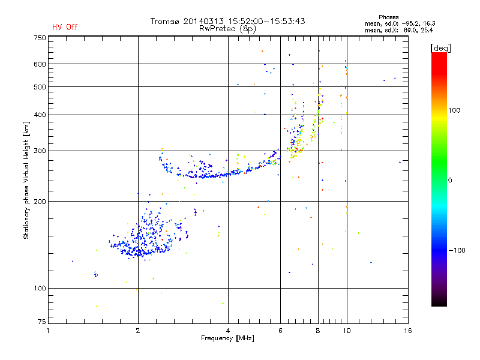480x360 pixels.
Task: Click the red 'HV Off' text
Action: tap(65, 27)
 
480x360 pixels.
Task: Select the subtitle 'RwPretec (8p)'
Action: tap(228, 28)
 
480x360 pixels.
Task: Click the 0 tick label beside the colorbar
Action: tap(451, 180)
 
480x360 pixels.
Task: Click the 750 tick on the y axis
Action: tap(40, 38)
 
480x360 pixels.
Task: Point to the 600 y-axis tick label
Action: tap(40, 64)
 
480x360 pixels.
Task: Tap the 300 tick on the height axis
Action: tap(40, 151)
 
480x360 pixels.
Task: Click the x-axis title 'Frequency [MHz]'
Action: tap(228, 339)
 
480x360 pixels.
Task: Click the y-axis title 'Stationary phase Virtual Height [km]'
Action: tap(26, 180)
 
